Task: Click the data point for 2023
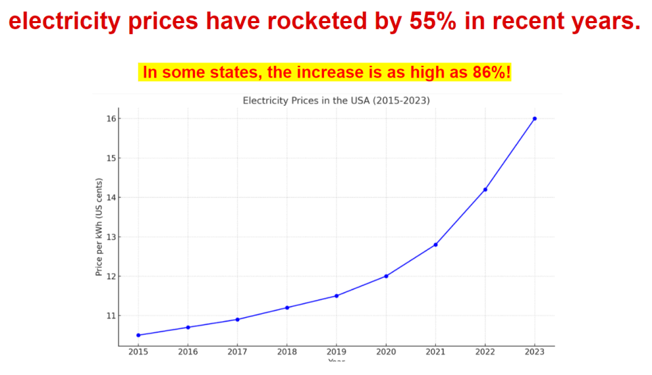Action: click(535, 118)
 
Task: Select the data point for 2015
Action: click(139, 335)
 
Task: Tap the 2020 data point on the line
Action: click(386, 276)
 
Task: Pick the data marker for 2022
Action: click(485, 190)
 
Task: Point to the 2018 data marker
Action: click(287, 308)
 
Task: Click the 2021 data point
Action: click(435, 245)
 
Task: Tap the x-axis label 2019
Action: click(336, 352)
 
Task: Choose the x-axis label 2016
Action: click(188, 352)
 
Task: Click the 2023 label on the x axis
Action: click(535, 352)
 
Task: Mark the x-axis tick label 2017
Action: click(237, 352)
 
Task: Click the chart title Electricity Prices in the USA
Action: click(336, 101)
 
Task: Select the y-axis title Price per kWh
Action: click(99, 227)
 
